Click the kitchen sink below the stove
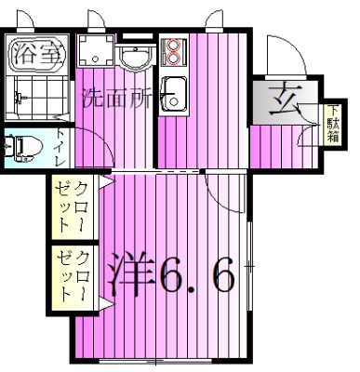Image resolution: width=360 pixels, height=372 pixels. [172, 91]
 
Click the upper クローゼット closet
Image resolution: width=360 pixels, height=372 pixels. [74, 208]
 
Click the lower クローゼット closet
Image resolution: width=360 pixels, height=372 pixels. [74, 273]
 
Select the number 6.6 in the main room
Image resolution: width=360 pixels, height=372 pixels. [195, 276]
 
